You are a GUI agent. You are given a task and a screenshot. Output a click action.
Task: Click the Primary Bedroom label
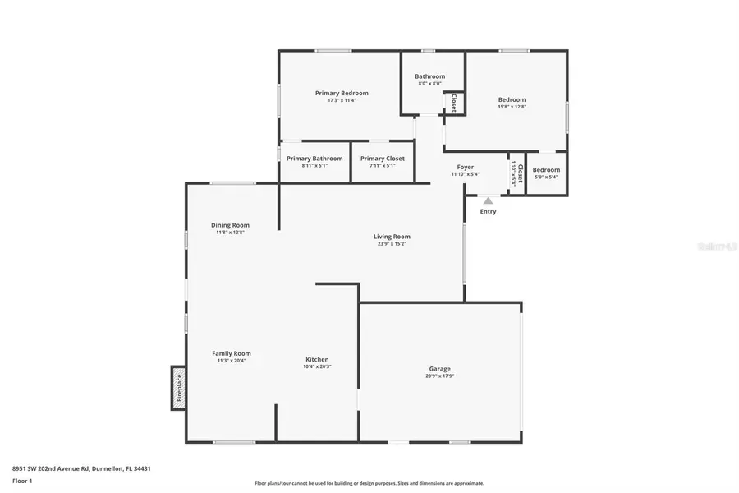342,94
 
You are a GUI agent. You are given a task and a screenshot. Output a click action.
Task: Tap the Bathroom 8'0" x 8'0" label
429,76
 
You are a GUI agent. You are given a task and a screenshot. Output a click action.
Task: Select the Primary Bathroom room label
314,159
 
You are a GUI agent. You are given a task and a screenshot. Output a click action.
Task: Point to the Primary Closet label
383,159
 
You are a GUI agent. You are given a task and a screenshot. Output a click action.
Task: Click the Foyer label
466,168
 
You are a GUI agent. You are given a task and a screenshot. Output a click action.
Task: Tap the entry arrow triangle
488,200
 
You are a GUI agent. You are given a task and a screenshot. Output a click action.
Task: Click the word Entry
488,211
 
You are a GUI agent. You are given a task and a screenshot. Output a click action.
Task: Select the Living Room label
392,237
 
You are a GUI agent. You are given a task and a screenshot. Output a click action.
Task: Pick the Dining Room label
230,225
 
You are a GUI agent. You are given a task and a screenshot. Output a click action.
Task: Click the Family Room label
231,353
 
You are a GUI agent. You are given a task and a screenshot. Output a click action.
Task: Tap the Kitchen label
317,360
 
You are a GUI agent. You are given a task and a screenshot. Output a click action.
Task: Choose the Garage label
439,369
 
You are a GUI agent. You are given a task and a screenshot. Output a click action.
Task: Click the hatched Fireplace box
178,388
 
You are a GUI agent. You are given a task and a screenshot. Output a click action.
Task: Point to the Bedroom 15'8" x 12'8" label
512,100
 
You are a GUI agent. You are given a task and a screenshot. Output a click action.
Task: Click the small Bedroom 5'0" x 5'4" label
546,170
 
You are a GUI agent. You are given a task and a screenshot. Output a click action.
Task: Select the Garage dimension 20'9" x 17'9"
439,376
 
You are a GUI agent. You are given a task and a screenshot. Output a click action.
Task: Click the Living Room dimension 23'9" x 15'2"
392,244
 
